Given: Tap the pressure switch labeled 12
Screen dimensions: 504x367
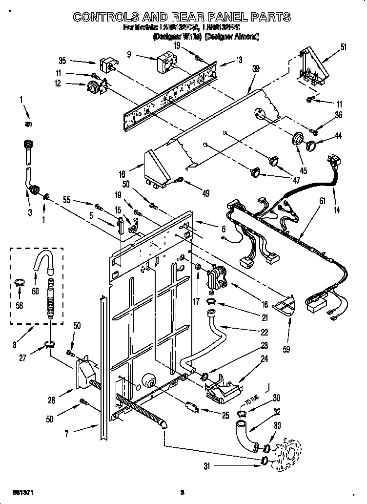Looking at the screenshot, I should (91, 87).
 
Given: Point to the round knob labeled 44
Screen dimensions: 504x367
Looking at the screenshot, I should (310, 145).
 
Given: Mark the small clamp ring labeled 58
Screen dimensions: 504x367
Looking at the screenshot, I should (20, 281).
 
